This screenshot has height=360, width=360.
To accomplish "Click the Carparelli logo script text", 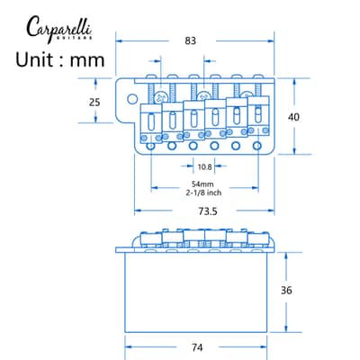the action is (x=58, y=28).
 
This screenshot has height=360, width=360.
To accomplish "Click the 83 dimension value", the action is (x=190, y=40).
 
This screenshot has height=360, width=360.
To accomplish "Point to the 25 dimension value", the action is (x=94, y=103).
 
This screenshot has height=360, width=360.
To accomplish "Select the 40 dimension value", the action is (x=293, y=117).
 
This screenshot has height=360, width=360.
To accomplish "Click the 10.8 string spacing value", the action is (x=204, y=166).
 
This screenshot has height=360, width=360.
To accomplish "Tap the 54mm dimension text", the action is (x=202, y=184).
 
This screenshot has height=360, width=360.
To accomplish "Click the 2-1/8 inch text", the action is (x=203, y=193).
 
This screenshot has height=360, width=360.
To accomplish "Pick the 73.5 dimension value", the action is (x=208, y=211).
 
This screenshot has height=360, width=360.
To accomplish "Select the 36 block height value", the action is (x=286, y=290).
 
